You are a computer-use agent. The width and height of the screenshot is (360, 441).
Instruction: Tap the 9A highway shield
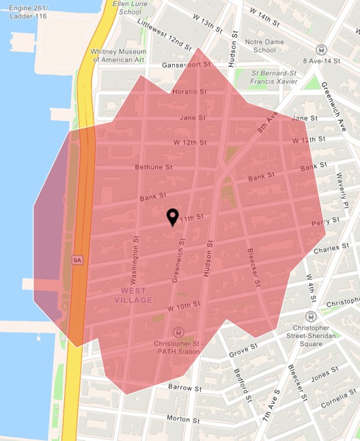[x=77, y=260]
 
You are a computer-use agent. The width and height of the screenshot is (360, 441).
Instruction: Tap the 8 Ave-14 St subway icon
[x=321, y=50]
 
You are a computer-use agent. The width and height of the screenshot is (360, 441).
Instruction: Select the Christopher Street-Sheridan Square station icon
[x=311, y=317]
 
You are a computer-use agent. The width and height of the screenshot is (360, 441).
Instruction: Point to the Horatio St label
[x=189, y=91]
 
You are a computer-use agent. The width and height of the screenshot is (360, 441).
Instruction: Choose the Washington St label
[x=135, y=266]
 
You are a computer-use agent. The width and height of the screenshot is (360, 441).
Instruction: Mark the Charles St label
[x=326, y=251]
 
